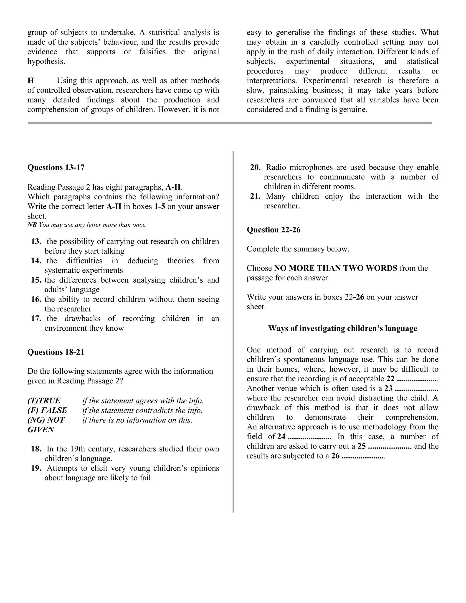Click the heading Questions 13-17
click(56, 168)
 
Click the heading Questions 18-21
click(56, 352)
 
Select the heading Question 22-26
click(273, 230)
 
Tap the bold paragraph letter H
click(31, 81)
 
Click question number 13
click(36, 242)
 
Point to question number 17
click(36, 319)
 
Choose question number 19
click(36, 468)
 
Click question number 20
click(255, 167)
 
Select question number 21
click(255, 196)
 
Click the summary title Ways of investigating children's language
click(342, 328)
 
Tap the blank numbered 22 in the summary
click(417, 379)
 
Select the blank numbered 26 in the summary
click(363, 456)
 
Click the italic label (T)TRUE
click(44, 401)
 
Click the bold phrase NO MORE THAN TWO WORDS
click(335, 268)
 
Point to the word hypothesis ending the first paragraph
click(46, 61)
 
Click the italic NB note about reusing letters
click(87, 225)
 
